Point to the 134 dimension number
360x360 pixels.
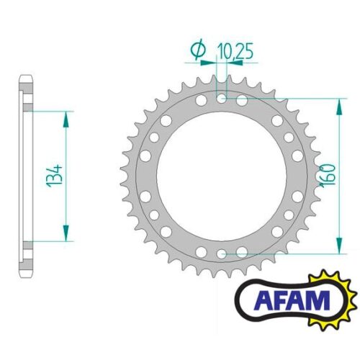[55, 175]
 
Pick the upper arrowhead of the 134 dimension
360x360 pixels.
[67, 115]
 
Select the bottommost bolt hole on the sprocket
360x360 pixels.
[222, 253]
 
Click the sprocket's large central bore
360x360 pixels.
[222, 175]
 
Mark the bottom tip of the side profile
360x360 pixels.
[26, 277]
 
